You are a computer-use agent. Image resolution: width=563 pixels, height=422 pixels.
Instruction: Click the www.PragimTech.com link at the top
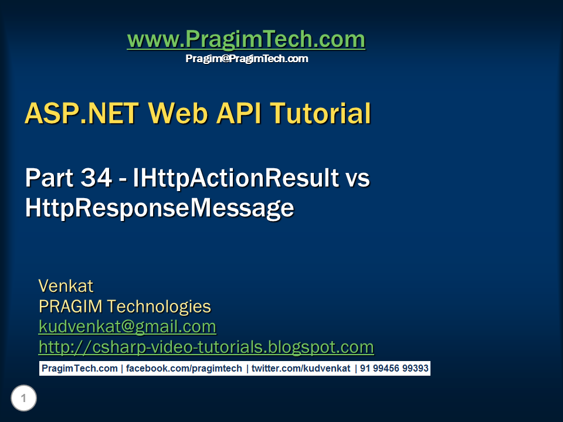click(246, 40)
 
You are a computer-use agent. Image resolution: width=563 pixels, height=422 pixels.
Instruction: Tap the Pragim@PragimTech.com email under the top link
click(246, 59)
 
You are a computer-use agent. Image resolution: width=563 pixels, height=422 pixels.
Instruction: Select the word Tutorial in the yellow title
click(319, 114)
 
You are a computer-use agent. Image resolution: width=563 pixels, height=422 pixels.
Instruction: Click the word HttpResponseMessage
click(159, 209)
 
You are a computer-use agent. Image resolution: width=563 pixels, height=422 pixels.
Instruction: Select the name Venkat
click(66, 286)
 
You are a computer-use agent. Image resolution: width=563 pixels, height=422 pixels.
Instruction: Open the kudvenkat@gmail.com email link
click(127, 326)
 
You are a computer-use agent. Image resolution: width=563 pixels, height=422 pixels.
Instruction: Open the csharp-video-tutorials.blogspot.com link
click(206, 347)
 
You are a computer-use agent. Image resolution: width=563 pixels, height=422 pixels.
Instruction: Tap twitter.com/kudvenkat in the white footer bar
click(301, 369)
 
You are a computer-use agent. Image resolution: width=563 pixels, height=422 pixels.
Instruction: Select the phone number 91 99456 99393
click(394, 369)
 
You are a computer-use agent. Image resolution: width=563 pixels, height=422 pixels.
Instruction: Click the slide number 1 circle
click(23, 399)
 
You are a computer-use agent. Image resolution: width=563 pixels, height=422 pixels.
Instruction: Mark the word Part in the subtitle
click(48, 179)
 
